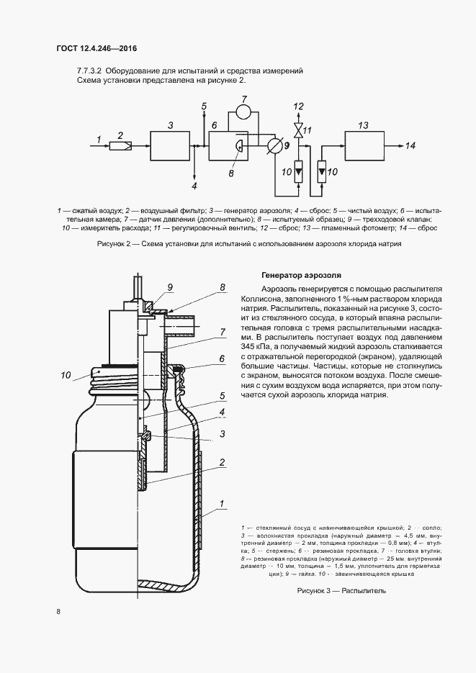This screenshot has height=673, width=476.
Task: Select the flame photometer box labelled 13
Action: tap(364, 146)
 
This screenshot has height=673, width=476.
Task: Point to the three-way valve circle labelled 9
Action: tap(274, 146)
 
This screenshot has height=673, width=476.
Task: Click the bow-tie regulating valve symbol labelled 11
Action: tap(297, 130)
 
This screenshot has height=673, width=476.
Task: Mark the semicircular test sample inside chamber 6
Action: tap(238, 144)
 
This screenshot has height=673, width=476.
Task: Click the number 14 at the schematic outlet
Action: tap(410, 146)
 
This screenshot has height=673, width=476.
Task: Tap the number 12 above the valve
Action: tap(297, 107)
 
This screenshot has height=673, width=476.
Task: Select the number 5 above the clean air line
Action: tap(204, 107)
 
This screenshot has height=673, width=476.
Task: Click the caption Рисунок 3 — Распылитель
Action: tap(341, 590)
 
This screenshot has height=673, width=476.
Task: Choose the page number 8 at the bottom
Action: tap(58, 613)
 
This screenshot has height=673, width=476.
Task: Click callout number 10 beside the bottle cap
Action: tap(66, 374)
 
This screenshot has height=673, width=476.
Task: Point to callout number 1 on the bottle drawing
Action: tap(222, 502)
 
